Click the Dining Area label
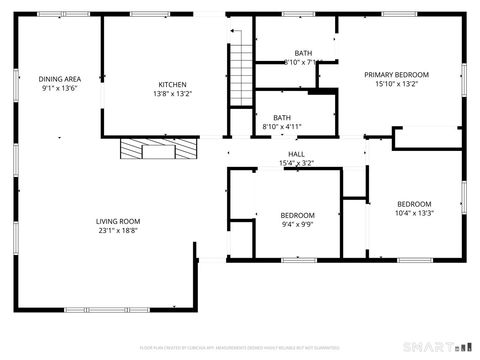pyautogui.click(x=59, y=79)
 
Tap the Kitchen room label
pyautogui.click(x=172, y=84)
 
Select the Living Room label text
pyautogui.click(x=118, y=221)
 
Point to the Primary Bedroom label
pyautogui.click(x=396, y=75)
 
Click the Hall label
pyautogui.click(x=297, y=154)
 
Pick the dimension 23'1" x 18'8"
pyautogui.click(x=118, y=231)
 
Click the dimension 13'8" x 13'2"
pyautogui.click(x=172, y=94)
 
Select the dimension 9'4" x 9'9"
pyautogui.click(x=297, y=225)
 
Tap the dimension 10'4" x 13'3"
pyautogui.click(x=413, y=213)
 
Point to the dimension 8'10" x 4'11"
pyautogui.click(x=282, y=127)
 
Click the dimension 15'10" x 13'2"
pyautogui.click(x=396, y=85)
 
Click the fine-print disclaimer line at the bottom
pyautogui.click(x=240, y=347)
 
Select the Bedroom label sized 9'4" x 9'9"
pyautogui.click(x=297, y=215)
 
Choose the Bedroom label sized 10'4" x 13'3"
pyautogui.click(x=413, y=203)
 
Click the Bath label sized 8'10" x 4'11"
pyautogui.click(x=282, y=117)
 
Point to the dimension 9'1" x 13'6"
pyautogui.click(x=59, y=89)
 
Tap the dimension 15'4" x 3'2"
pyautogui.click(x=297, y=163)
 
